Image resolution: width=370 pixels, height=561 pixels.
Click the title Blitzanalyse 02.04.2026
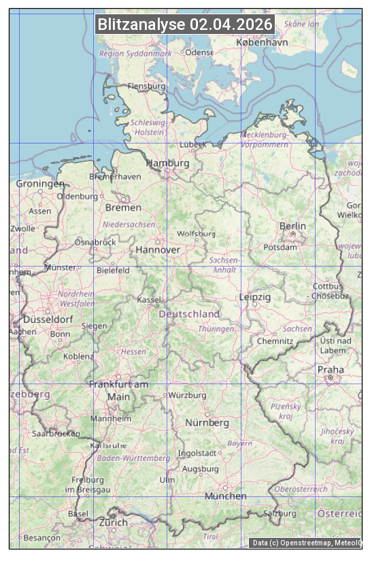185,24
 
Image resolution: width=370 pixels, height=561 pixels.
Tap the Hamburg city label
168,164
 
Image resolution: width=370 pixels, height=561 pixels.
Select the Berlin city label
292,226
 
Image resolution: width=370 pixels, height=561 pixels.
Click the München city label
226,496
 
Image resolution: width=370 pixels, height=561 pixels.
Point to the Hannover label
158,250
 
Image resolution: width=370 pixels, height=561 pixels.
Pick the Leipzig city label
255,297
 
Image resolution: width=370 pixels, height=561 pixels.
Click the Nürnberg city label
207,423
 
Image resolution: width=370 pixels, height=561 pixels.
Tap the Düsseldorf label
48,320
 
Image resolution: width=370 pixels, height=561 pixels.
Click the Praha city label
331,370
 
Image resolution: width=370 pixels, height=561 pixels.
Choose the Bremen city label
123,207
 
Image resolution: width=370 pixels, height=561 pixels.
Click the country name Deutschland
189,314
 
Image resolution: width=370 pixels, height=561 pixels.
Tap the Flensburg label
147,86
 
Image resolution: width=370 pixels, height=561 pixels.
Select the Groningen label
40,184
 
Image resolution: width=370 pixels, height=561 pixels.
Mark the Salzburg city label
280,513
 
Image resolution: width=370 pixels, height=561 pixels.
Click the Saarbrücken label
56,433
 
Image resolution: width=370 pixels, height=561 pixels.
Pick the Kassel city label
149,300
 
